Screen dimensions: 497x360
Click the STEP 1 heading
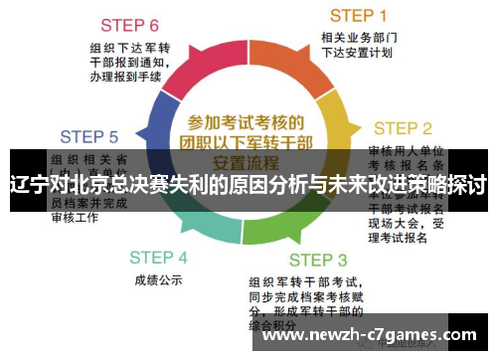click(359, 15)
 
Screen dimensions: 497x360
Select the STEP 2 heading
click(402, 128)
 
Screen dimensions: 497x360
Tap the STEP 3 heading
click(318, 261)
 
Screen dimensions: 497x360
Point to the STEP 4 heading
click(158, 257)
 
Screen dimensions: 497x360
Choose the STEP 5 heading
click(88, 136)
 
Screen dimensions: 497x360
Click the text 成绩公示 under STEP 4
click(158, 280)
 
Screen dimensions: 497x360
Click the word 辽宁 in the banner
click(30, 185)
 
